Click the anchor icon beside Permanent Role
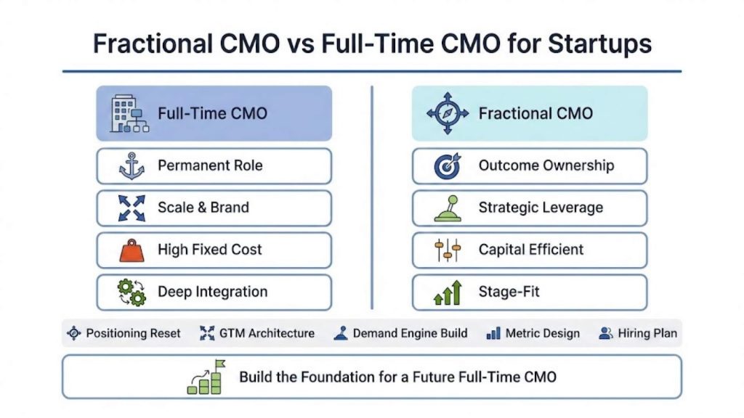tap(132, 166)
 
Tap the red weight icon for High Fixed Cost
tap(132, 250)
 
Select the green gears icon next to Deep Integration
tap(132, 292)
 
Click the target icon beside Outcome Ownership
tap(447, 166)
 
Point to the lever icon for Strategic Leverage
tap(448, 208)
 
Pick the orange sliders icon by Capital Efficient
tap(448, 250)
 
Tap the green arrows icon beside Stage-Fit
tap(448, 292)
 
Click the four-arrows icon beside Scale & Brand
tap(132, 208)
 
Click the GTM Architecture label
tap(267, 334)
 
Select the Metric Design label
tap(542, 334)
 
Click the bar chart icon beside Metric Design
tap(493, 334)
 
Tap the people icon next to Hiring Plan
tap(605, 334)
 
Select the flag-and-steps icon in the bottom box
tap(206, 377)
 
